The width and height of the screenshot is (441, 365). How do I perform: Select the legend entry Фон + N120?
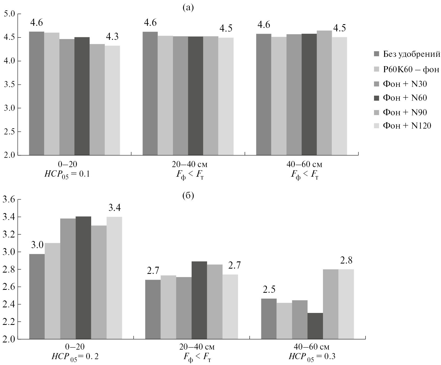point(407,126)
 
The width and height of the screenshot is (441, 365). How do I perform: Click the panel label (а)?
point(188,8)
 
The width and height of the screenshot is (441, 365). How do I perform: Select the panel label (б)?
point(188,196)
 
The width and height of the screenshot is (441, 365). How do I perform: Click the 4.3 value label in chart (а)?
point(112,37)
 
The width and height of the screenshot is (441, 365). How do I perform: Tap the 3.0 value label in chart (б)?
point(37,245)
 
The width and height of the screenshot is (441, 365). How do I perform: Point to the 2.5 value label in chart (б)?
point(269,289)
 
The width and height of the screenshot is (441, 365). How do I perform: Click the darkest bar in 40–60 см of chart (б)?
point(315,326)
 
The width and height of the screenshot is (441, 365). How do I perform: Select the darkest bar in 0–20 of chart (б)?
point(83,278)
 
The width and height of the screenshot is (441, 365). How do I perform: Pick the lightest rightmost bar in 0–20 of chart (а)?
point(112,100)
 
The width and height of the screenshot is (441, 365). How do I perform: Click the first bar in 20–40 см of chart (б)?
point(153,309)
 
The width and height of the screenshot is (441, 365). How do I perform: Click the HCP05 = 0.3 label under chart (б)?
point(312,356)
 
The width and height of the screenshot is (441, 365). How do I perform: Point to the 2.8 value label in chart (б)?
point(346,261)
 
